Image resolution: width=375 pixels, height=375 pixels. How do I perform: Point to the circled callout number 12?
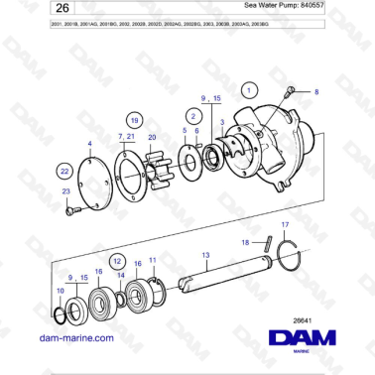[x=116, y=260]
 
